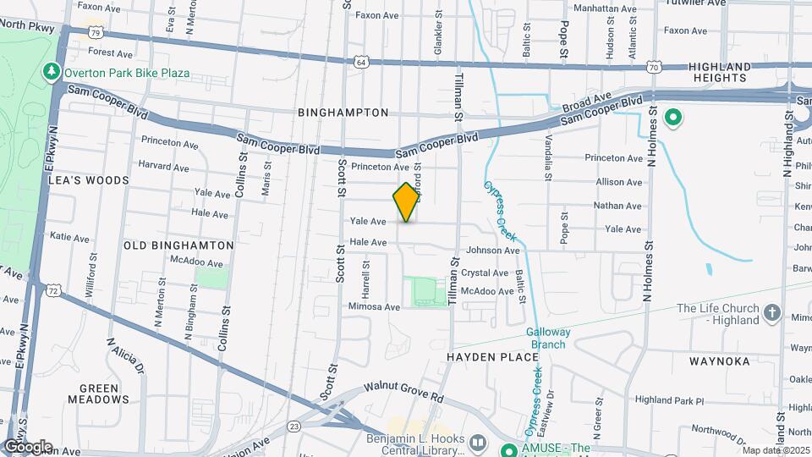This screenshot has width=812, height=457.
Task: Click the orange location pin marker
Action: click(x=407, y=201)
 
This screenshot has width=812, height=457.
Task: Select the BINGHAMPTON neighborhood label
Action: click(x=343, y=113)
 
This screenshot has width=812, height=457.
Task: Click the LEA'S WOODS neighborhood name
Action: click(x=89, y=180)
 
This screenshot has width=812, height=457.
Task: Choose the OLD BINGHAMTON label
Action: click(x=178, y=245)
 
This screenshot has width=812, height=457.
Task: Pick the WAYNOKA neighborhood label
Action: click(x=719, y=361)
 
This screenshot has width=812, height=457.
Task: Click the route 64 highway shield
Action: click(x=361, y=62)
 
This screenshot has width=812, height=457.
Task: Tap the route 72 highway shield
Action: click(x=54, y=290)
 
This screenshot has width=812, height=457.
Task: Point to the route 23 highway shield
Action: click(x=294, y=426)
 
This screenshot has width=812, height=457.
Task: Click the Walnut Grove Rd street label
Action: click(x=404, y=390)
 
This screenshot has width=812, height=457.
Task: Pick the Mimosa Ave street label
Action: click(x=373, y=307)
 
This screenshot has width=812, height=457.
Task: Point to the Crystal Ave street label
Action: click(x=485, y=273)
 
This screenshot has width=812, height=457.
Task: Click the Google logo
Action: click(x=28, y=447)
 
